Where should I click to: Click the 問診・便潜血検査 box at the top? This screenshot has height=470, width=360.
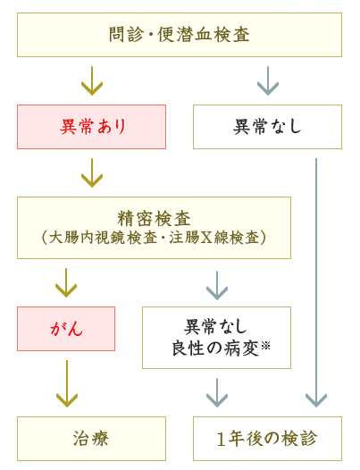pyautogui.click(x=180, y=35)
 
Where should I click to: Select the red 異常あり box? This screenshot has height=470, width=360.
pyautogui.click(x=91, y=127)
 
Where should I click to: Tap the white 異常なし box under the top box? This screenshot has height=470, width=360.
pyautogui.click(x=267, y=127)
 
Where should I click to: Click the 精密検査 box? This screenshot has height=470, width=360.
pyautogui.click(x=154, y=228)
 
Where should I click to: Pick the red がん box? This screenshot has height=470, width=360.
pyautogui.click(x=66, y=329)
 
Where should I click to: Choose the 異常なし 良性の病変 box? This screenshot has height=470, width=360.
pyautogui.click(x=216, y=337)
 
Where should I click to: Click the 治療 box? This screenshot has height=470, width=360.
pyautogui.click(x=91, y=439)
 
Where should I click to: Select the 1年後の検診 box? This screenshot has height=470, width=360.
pyautogui.click(x=267, y=439)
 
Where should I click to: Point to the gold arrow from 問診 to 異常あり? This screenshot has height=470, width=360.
pyautogui.click(x=92, y=81)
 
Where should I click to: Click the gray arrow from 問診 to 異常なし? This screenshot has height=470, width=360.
pyautogui.click(x=268, y=81)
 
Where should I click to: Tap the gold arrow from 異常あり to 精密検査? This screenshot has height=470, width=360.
pyautogui.click(x=92, y=173)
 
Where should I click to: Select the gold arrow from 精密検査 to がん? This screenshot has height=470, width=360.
pyautogui.click(x=66, y=283)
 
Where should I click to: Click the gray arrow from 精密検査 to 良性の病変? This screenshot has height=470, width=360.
pyautogui.click(x=217, y=285)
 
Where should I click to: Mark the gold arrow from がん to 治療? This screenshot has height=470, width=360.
pyautogui.click(x=66, y=383)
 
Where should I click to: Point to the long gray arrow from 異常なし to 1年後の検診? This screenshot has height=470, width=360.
pyautogui.click(x=316, y=286)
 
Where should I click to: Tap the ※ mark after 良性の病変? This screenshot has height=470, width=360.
pyautogui.click(x=265, y=345)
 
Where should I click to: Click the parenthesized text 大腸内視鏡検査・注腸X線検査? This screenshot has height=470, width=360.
pyautogui.click(x=154, y=238)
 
